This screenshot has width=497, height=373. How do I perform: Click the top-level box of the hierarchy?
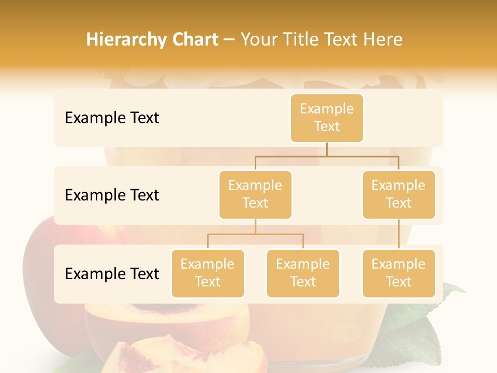click(x=327, y=118)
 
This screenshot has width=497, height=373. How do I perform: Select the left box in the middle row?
click(x=255, y=195)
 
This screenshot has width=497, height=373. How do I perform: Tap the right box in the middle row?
click(x=399, y=195)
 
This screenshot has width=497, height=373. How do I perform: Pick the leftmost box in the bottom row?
click(x=208, y=274)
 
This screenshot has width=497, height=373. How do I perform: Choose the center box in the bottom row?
click(x=303, y=274)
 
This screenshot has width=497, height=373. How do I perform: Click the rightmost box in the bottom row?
click(x=399, y=274)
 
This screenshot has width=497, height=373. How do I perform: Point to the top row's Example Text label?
click(x=112, y=118)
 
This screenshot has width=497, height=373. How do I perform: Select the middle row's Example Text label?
click(x=112, y=195)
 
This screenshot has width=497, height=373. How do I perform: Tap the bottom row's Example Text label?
click(x=112, y=274)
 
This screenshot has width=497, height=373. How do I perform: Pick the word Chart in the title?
click(x=195, y=39)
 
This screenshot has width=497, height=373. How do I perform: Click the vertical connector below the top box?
click(x=327, y=149)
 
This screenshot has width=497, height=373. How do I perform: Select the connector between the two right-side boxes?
click(x=399, y=234)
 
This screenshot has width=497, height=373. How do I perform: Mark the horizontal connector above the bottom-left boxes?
click(x=255, y=234)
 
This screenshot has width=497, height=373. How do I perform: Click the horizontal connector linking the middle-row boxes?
click(x=327, y=156)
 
